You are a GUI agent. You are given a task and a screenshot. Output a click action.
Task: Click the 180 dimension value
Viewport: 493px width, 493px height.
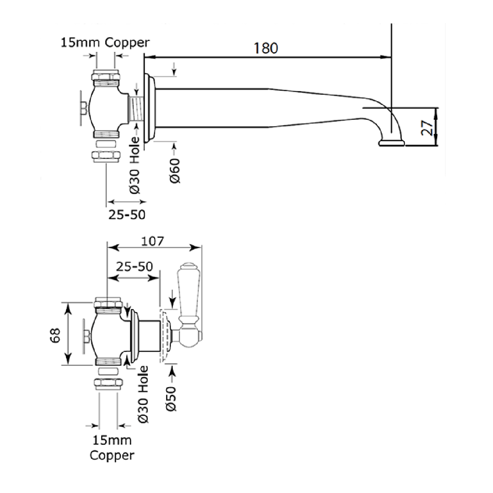(x=265, y=48)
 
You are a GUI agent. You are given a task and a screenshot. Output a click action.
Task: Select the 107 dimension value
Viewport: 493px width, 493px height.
(x=153, y=241)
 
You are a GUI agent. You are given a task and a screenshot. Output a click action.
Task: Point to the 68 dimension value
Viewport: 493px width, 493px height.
(x=55, y=335)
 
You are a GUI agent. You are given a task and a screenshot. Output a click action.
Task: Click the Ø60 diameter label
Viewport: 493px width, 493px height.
(x=175, y=170)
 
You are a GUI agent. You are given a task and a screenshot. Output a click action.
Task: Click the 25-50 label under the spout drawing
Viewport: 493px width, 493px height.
(x=127, y=214)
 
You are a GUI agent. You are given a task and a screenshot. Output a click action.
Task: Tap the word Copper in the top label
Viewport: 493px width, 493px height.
(x=127, y=43)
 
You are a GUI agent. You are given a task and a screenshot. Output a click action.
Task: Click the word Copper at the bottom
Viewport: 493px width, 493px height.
(x=112, y=455)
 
